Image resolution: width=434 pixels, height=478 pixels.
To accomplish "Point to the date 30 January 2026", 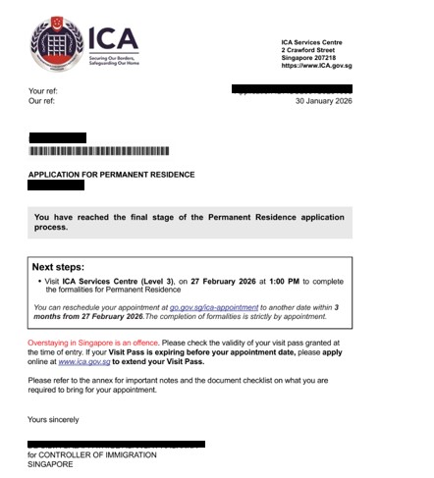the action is point(323,101).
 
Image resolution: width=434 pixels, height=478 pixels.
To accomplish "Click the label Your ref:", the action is point(43,91).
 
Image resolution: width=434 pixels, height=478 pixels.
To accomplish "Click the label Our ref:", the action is point(42,101).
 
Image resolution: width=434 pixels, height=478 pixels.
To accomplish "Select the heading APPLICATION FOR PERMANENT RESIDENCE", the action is point(111,175).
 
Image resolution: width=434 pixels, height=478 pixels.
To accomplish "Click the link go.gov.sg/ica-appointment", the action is point(213,308).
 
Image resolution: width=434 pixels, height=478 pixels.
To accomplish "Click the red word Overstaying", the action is point(54,343).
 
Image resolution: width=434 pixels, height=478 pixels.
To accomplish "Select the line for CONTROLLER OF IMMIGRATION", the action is point(94,455).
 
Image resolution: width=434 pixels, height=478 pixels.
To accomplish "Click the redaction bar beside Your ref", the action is point(291,90).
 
